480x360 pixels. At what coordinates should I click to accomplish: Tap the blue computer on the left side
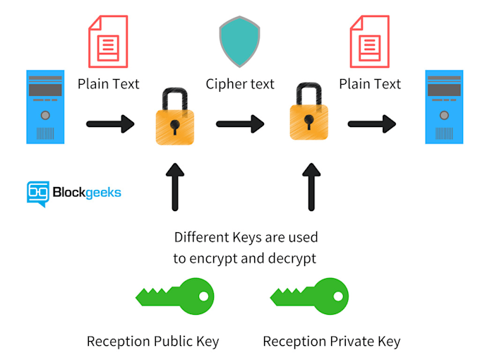point(45,106)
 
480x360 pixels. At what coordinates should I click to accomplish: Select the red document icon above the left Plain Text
point(107,42)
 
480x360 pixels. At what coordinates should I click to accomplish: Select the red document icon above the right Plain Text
point(370,42)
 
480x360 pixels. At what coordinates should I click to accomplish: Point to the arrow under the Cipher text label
point(240,125)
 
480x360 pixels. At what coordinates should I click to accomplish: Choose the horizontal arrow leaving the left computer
point(110,125)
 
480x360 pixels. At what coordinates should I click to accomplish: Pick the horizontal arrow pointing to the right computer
point(372,125)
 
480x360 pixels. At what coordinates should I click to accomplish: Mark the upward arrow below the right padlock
point(308,186)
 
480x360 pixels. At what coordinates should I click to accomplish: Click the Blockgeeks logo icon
point(37,193)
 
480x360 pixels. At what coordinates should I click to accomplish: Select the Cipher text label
point(240,84)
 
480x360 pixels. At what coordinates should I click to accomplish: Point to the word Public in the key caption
point(176,342)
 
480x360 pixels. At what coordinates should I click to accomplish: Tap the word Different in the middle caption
point(205,236)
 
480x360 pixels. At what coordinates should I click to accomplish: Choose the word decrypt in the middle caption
point(291,258)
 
